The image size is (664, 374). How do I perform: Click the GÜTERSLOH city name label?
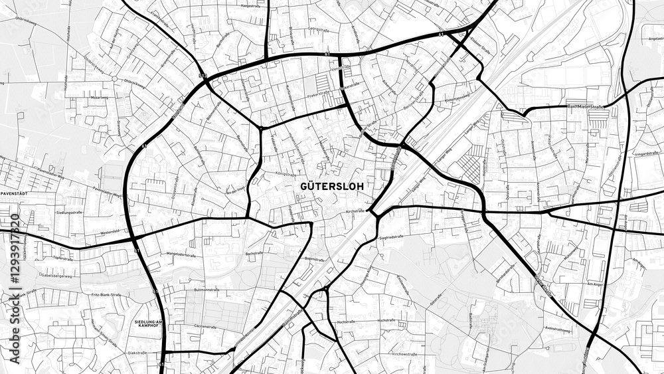[332, 187]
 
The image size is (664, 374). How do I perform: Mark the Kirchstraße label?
[355, 211]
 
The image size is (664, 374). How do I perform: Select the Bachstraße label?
[254, 253]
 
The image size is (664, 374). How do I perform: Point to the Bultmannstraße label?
[206, 290]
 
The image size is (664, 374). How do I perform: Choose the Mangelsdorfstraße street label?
[181, 254]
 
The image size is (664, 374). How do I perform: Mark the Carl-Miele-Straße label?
[584, 106]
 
